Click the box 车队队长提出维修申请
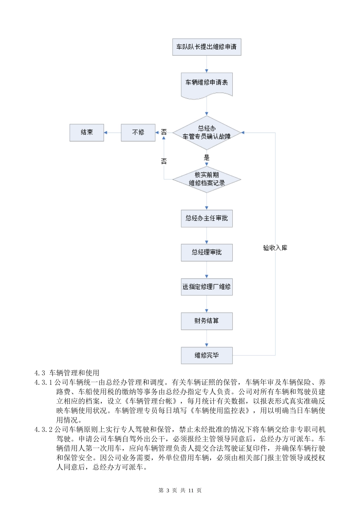point(207,47)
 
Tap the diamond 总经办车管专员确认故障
point(207,133)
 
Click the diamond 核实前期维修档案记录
point(207,179)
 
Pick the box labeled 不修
point(138,133)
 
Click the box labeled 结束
point(86,133)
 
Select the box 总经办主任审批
point(207,219)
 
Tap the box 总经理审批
point(207,253)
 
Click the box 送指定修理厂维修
point(207,287)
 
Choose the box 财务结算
point(207,321)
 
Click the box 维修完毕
point(207,355)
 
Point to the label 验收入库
point(275,248)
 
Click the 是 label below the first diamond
point(207,157)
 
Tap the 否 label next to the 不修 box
point(164,132)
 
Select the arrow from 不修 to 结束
point(112,133)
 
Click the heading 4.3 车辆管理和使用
point(67,373)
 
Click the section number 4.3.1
point(43,382)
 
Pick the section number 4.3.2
point(43,429)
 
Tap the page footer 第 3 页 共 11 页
point(180,490)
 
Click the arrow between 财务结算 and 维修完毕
point(207,338)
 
